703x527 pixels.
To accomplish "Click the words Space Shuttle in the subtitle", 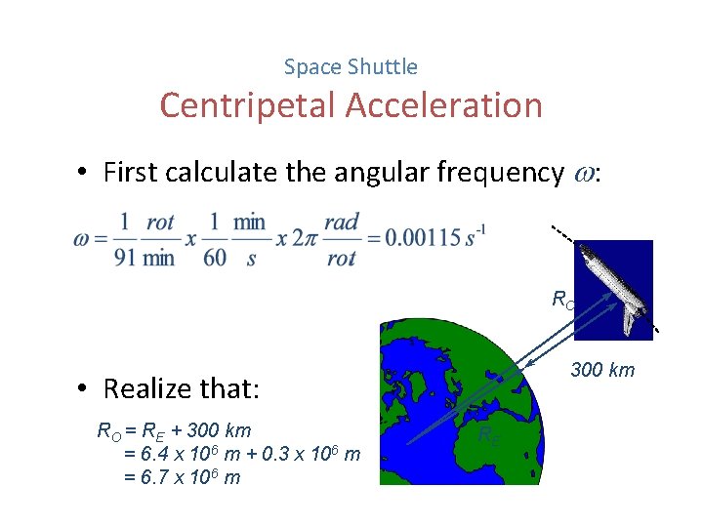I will click(351, 67).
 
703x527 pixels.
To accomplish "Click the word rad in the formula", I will click(342, 223).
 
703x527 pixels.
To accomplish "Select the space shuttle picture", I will click(616, 289).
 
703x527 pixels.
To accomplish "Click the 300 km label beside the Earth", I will click(601, 370).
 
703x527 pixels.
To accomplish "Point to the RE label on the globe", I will click(489, 435).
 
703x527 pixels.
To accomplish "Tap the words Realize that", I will click(182, 388).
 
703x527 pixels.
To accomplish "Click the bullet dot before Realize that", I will click(87, 389).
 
